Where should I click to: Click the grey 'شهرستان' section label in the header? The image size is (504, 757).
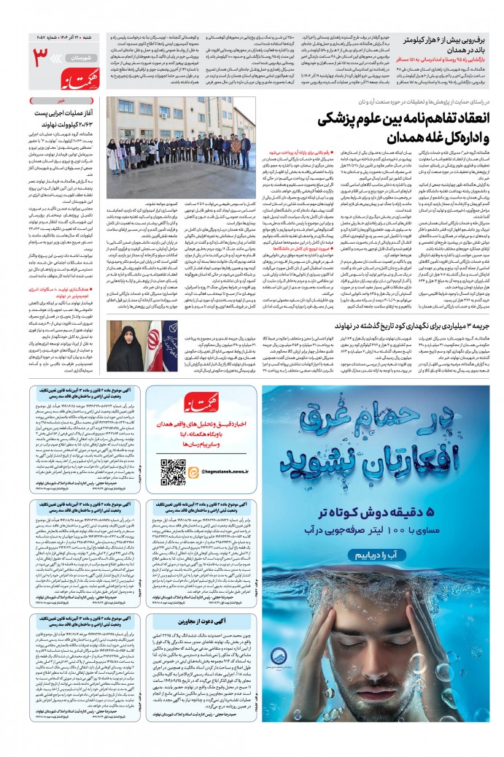click(76, 56)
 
